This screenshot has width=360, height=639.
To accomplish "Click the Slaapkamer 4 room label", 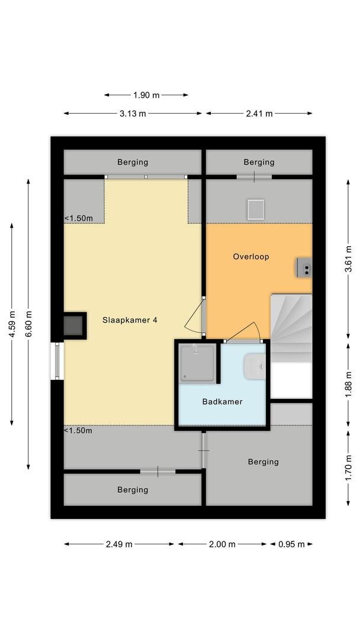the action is [x=130, y=320].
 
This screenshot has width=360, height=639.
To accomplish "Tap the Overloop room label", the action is [x=250, y=257].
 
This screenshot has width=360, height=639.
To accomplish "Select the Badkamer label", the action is [x=222, y=402].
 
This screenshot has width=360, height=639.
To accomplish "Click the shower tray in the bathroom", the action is [x=198, y=363].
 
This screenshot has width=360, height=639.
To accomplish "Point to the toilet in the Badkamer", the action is [x=255, y=366].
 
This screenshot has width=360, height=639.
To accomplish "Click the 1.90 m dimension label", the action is [x=146, y=95].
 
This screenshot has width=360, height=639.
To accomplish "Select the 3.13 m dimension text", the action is [x=133, y=114].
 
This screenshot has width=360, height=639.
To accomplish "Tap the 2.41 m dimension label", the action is [x=259, y=114].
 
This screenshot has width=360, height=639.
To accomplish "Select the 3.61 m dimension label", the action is [x=349, y=259].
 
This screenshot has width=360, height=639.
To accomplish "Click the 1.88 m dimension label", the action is [x=349, y=385].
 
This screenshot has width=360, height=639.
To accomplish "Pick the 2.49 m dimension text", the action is [x=118, y=544].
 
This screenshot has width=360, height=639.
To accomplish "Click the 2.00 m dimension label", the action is [x=222, y=544].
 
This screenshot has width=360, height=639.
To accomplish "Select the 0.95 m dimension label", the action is [x=291, y=544].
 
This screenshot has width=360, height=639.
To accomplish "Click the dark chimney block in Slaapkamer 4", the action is [x=74, y=325].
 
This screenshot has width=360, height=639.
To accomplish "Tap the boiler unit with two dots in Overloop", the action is [x=304, y=267].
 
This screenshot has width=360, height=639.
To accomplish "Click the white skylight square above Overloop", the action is [x=256, y=209].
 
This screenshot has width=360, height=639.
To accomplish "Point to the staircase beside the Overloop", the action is [x=291, y=328].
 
